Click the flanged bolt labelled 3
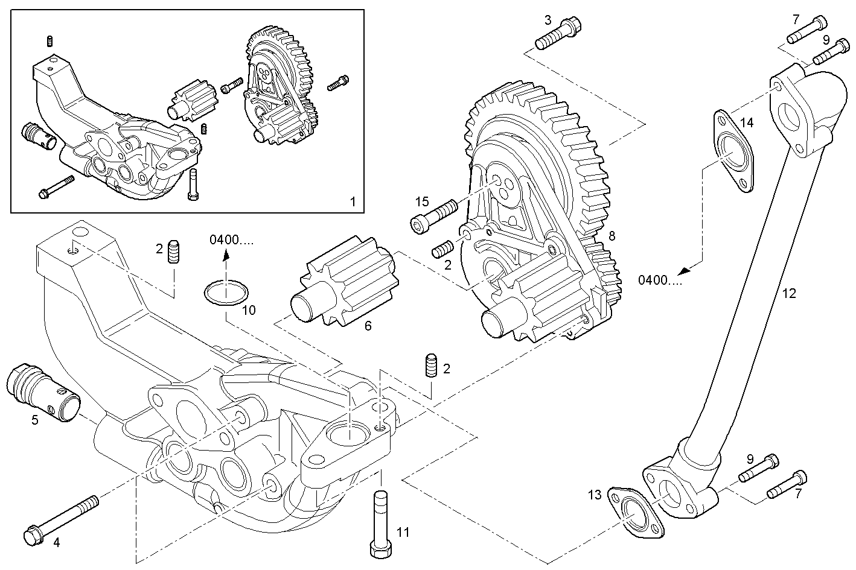[x=557, y=35]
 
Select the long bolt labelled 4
[x=61, y=518]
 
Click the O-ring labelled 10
[x=226, y=293]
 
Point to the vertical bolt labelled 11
[x=380, y=525]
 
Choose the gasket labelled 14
[x=733, y=150]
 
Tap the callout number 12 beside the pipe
[x=789, y=294]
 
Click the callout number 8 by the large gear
[x=612, y=236]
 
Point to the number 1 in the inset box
[x=353, y=201]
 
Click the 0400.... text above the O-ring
[x=232, y=240]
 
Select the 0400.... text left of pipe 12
[x=660, y=280]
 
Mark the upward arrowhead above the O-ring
[x=226, y=256]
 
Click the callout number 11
[x=403, y=532]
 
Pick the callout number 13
[x=595, y=495]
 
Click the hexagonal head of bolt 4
[x=31, y=535]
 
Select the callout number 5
[x=35, y=420]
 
